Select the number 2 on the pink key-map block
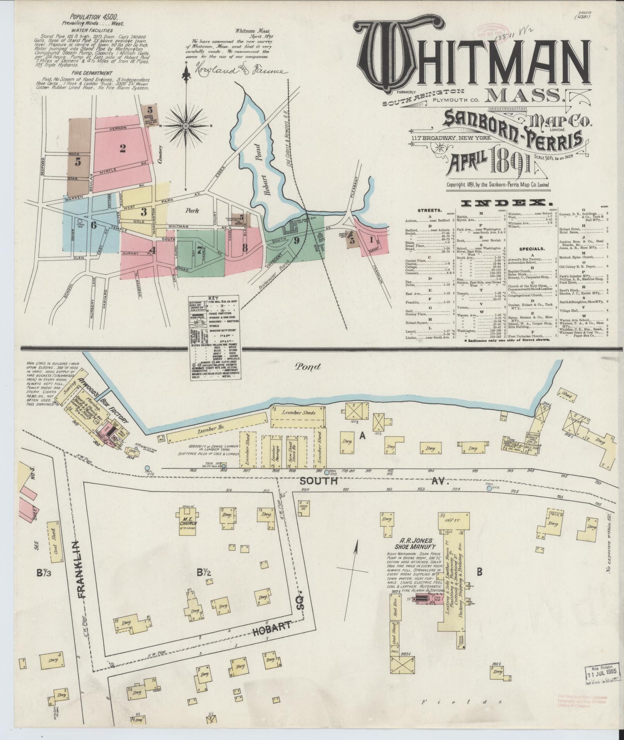(123, 148)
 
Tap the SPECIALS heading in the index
(532, 249)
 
